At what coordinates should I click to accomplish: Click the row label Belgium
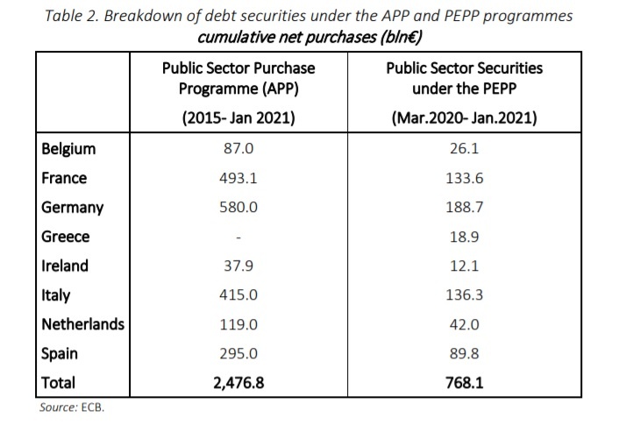tap(68, 149)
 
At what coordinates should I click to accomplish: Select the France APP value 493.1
tap(239, 179)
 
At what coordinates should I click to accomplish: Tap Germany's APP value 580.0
tap(239, 208)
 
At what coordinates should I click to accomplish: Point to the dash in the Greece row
tap(239, 237)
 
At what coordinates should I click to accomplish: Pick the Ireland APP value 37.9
tap(239, 266)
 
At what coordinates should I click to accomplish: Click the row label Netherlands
tap(83, 324)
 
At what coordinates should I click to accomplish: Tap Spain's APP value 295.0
tap(239, 353)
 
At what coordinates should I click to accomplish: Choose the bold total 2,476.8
tap(239, 382)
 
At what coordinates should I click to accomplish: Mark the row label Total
tap(59, 382)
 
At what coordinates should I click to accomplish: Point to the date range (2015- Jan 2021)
tap(238, 117)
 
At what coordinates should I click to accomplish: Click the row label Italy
tap(55, 295)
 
